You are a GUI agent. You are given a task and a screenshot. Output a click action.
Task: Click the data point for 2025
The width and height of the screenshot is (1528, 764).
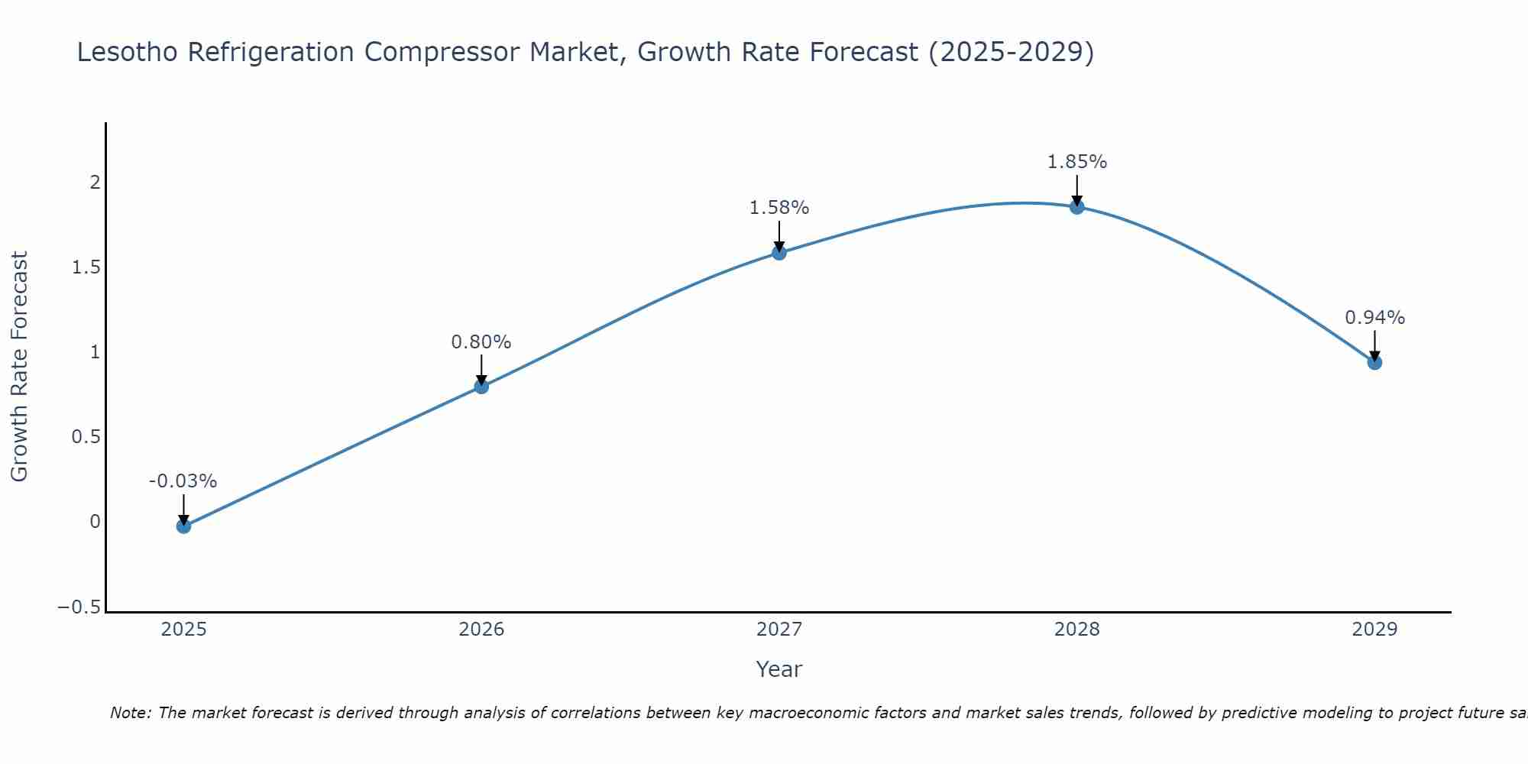183,526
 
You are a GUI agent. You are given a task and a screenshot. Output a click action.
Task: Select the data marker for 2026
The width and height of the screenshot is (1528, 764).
481,387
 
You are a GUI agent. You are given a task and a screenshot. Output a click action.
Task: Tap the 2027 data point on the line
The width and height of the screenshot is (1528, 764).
779,253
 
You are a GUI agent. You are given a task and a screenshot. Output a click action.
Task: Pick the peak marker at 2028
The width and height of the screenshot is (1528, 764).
1076,207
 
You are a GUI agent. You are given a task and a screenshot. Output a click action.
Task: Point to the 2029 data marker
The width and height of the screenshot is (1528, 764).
1374,362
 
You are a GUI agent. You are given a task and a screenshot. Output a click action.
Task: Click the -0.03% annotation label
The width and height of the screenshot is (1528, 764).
183,481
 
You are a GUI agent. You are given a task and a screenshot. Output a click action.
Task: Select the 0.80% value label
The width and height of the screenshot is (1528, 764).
481,342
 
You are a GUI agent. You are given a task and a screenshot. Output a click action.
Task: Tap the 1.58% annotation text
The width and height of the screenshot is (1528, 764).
779,208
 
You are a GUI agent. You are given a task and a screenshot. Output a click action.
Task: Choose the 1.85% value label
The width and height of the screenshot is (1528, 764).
1076,162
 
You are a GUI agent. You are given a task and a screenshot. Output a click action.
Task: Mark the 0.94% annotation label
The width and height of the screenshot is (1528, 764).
1374,318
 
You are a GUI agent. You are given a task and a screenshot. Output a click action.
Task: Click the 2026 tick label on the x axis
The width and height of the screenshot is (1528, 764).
481,630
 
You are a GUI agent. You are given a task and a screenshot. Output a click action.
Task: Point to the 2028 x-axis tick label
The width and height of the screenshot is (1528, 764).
1076,630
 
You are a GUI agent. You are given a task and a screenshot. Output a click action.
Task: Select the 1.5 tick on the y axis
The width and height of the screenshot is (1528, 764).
86,267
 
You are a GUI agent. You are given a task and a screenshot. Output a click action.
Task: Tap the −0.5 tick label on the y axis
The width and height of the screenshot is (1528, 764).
79,607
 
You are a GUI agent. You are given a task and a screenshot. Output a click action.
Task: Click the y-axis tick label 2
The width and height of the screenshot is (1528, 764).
95,183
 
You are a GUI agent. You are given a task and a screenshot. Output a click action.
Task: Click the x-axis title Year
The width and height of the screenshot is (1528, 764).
779,670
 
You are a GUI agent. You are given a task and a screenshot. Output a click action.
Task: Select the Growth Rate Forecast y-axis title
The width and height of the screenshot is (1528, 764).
19,367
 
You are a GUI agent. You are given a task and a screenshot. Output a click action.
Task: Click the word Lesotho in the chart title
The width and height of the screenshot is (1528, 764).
128,53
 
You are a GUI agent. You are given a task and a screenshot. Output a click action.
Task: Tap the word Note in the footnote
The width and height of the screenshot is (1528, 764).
131,714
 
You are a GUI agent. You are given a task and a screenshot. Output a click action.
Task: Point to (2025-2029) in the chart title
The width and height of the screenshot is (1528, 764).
1011,53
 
